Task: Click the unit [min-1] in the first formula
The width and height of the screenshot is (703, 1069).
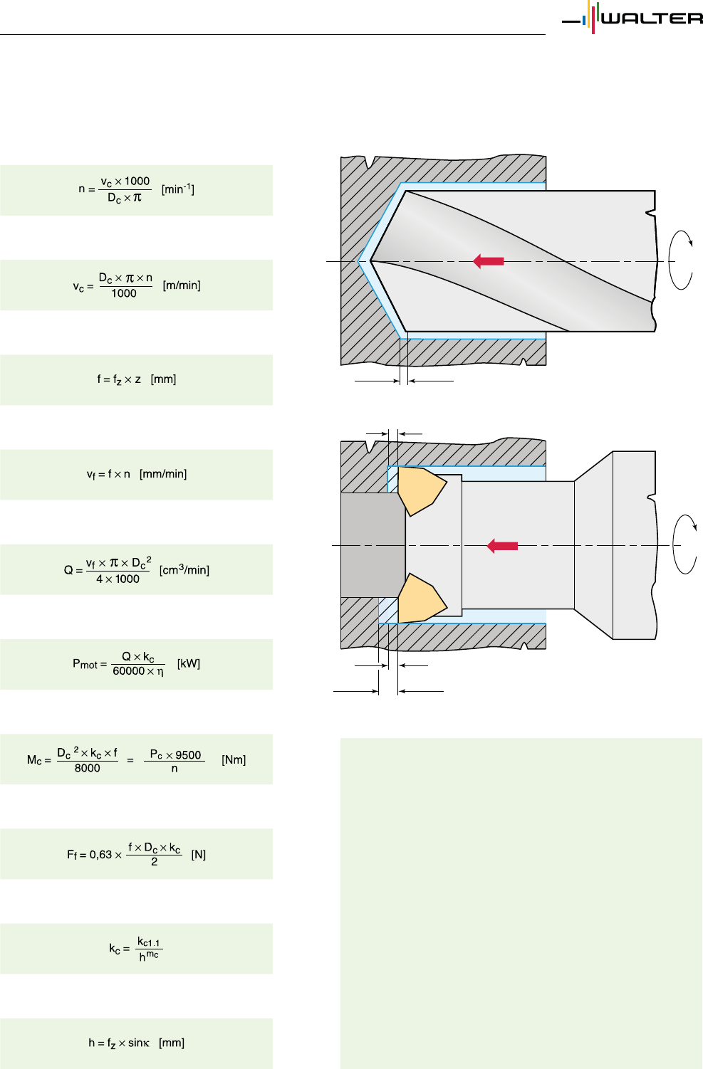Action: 177,189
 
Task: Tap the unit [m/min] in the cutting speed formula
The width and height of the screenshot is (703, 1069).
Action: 182,285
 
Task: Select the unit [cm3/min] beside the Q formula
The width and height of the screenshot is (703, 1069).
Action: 184,570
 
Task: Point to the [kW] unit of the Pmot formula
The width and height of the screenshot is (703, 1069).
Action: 189,664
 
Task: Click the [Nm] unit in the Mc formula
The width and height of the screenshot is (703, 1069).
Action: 234,759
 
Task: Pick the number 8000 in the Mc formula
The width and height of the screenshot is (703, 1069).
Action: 88,768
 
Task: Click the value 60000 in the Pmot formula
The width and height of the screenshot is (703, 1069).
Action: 128,671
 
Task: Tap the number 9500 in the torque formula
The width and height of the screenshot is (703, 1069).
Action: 188,755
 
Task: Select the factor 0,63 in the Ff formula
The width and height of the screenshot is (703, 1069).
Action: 100,854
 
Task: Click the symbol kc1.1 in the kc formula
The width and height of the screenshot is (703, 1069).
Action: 149,942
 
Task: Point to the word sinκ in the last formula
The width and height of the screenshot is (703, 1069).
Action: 138,1043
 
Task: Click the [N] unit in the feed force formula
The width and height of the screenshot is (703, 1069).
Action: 198,854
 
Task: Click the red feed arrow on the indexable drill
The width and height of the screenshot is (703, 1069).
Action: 502,546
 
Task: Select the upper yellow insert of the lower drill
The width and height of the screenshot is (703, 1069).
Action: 420,490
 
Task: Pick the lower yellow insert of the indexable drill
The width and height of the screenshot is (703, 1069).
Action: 420,599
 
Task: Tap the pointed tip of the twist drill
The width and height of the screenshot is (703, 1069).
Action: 371,261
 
